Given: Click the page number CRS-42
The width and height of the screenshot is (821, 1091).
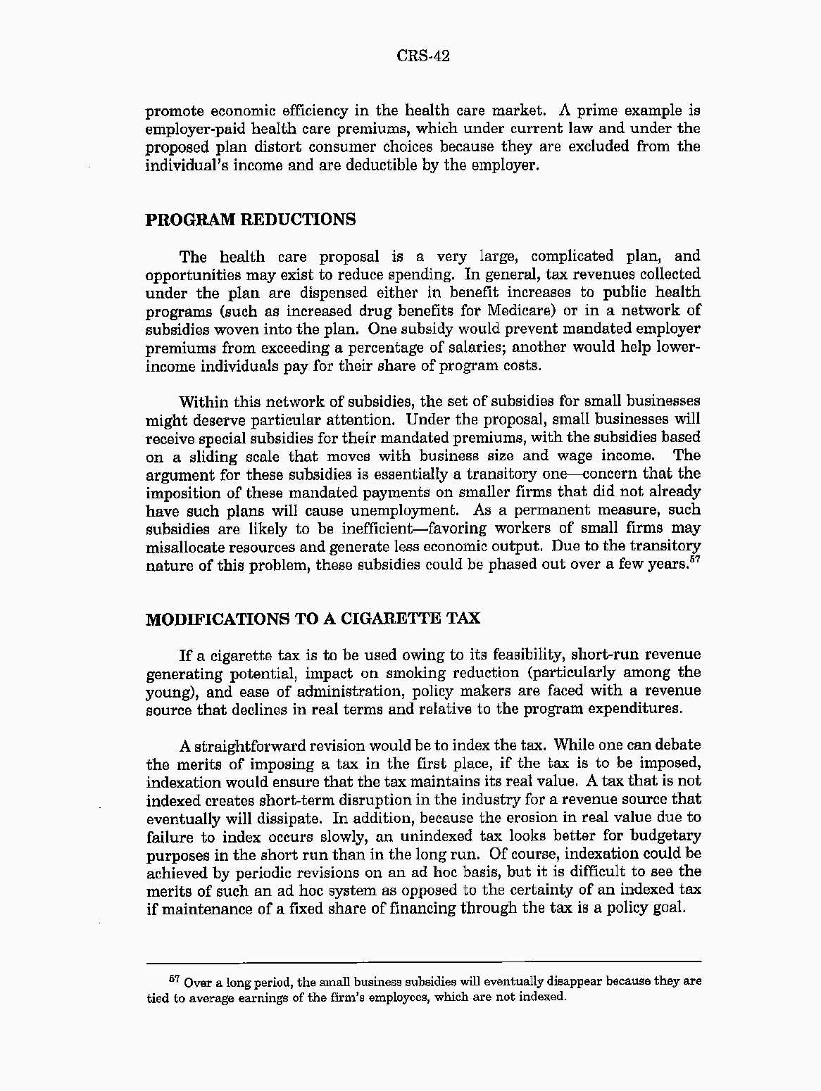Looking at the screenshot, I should [422, 56].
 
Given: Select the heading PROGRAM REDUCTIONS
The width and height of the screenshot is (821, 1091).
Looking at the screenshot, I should [250, 220].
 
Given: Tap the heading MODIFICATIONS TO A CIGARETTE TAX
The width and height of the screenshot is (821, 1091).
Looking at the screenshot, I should [313, 619].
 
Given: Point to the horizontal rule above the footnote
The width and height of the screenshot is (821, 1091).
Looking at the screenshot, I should [423, 961].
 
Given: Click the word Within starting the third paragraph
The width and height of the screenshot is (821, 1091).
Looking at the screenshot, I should [203, 402].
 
